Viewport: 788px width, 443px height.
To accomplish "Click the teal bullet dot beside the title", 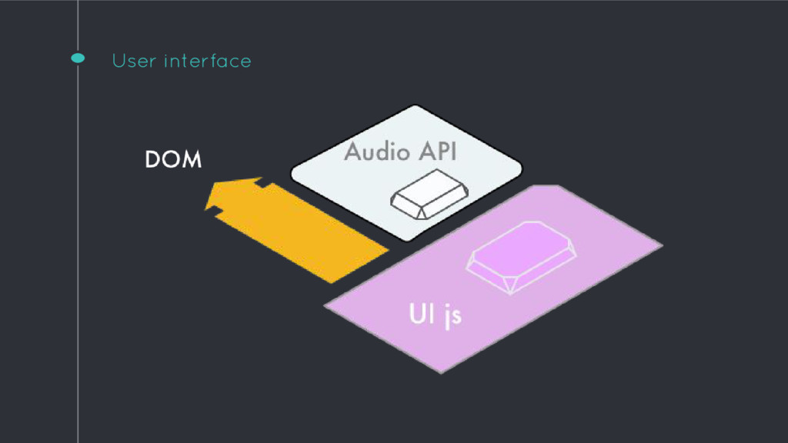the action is (78, 58).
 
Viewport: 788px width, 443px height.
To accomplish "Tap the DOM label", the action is (173, 160).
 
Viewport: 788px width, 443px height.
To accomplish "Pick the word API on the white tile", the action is (437, 152).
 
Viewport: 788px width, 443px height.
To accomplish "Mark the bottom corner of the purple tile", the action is (442, 372).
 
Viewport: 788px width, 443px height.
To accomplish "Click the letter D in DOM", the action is (152, 160).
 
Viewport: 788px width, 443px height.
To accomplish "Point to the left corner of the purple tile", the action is (325, 306).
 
